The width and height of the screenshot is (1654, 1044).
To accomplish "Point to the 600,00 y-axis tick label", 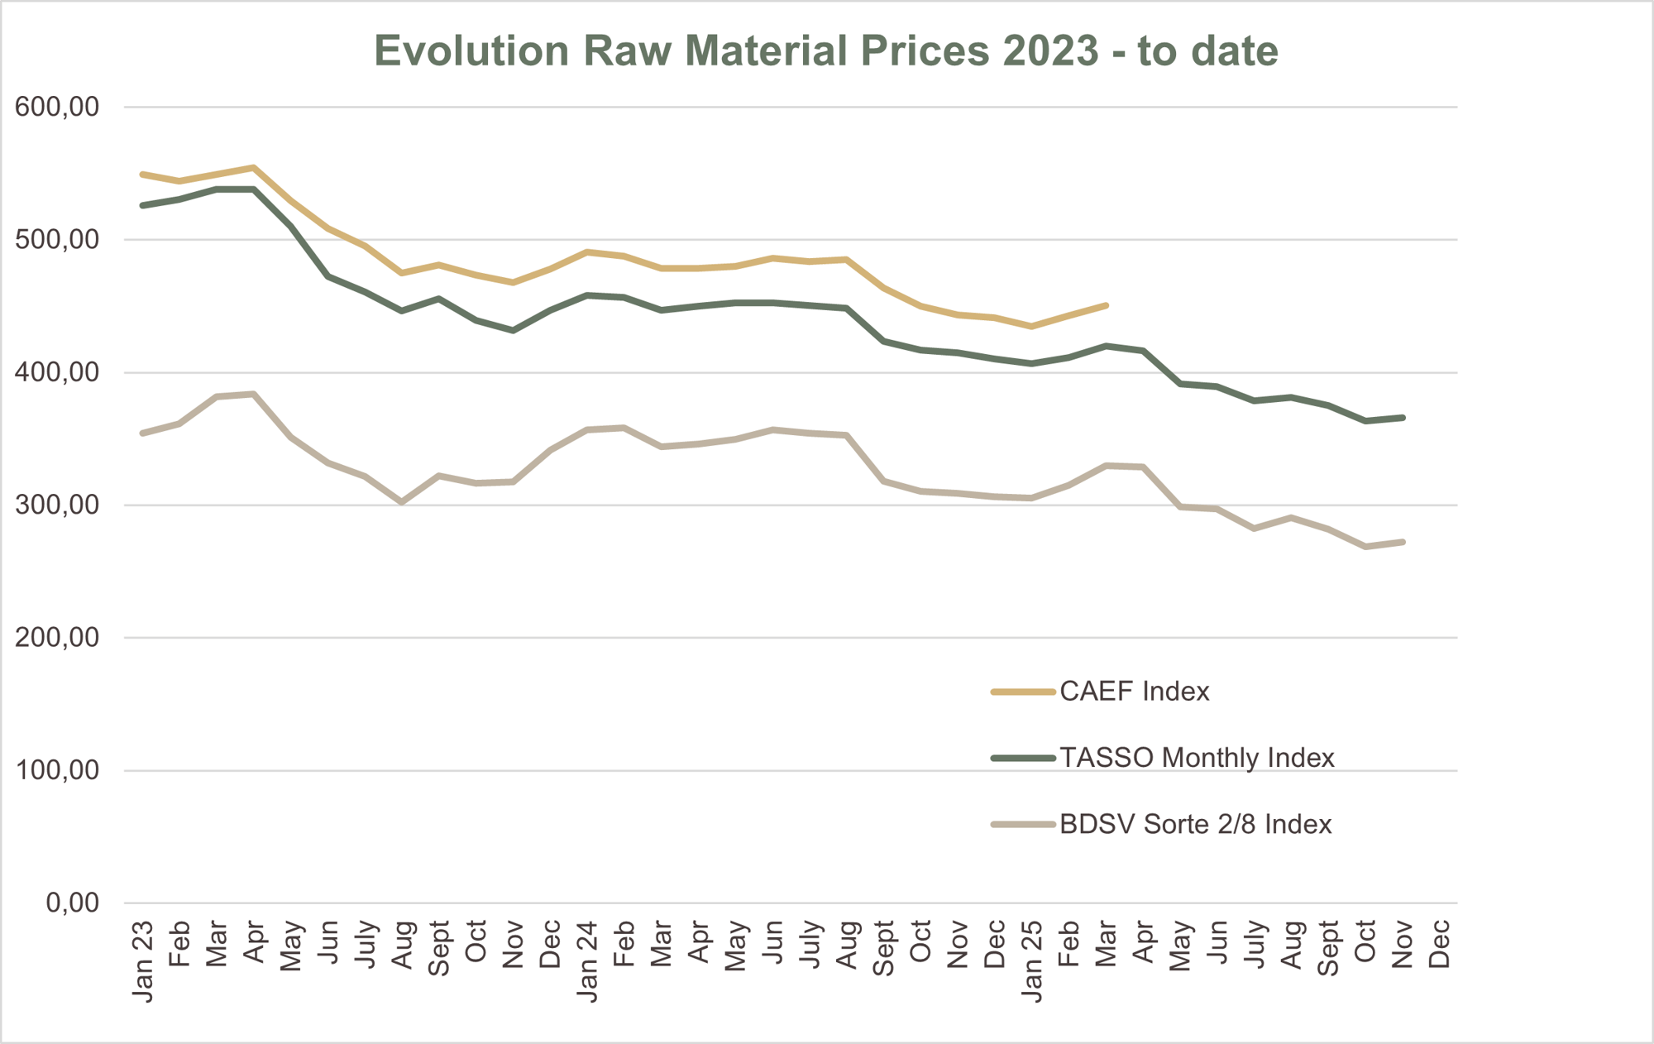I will [57, 107].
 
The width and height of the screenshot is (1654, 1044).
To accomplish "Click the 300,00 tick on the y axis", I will [57, 505].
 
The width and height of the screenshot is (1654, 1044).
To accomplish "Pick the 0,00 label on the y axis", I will [72, 903].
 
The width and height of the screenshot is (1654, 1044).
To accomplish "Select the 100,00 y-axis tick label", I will [57, 770].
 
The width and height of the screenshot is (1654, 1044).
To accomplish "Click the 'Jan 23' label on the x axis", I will [143, 961].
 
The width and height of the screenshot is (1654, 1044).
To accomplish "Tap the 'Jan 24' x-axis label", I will [587, 961].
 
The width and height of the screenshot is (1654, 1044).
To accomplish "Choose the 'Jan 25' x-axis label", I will [1031, 961].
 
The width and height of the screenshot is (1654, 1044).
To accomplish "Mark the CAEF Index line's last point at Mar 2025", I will [1106, 306].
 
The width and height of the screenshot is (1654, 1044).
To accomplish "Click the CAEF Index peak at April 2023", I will [254, 168].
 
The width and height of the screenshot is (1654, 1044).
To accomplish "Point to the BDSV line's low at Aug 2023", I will [402, 502].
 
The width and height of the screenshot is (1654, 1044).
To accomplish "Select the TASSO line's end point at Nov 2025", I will [1403, 418].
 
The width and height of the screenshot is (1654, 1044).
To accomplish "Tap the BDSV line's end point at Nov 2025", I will [1403, 542].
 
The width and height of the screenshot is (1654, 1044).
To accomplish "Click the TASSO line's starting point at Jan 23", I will [143, 205].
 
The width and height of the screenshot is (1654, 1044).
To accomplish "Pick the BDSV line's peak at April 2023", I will [254, 394].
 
